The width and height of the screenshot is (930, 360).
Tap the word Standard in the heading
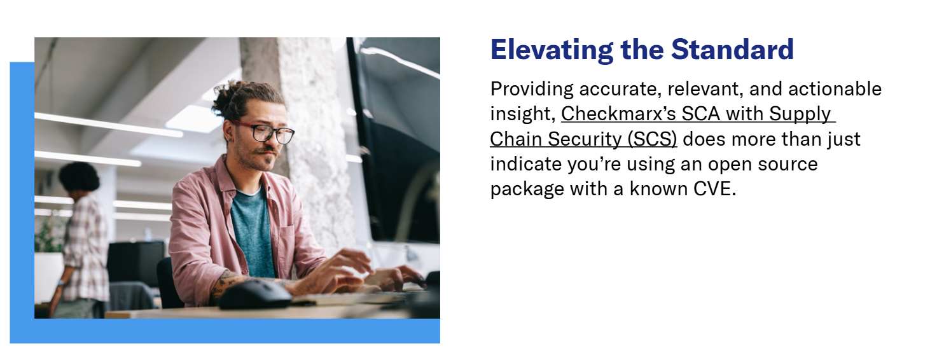[x=732, y=50]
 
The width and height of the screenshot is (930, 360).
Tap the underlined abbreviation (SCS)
[x=652, y=139]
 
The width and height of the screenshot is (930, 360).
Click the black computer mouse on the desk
[x=255, y=294]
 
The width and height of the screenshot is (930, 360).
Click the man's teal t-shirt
[x=253, y=233]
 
